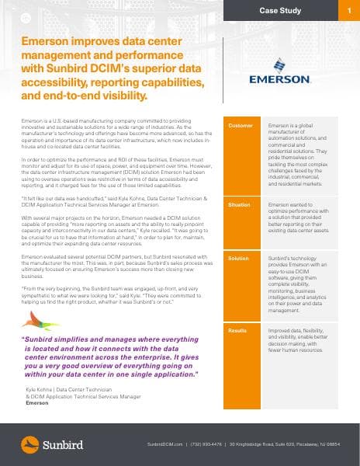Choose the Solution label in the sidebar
[239, 257]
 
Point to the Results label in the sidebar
[237, 331]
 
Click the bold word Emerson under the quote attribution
[36, 404]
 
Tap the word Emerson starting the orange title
[43, 44]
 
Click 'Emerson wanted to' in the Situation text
[289, 205]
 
